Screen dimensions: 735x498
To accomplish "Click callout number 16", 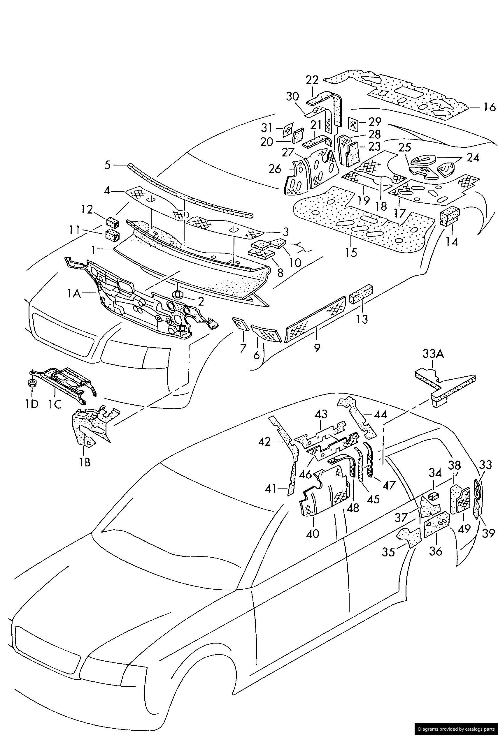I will pos(490,107).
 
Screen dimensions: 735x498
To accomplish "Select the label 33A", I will pos(433,354).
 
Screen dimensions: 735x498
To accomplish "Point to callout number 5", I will pos(108,165).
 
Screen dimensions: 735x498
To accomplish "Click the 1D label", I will pos(32,404).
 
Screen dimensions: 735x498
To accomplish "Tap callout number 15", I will pos(351,252).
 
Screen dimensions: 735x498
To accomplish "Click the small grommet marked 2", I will pos(178,295).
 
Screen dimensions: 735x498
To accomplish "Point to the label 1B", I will pos(85,462).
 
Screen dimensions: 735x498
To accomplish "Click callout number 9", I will pos(317,348).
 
